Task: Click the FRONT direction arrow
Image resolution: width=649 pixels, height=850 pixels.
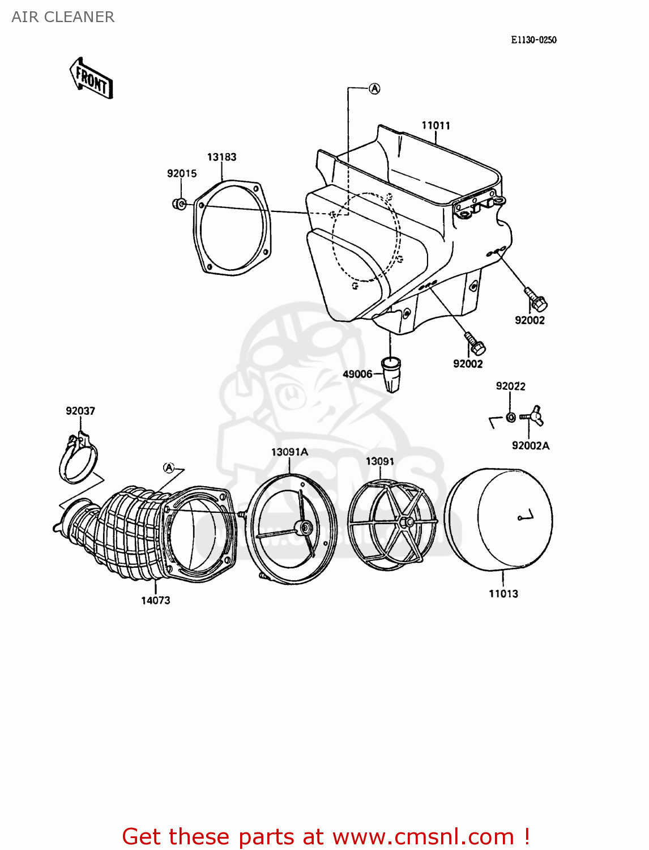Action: click(91, 79)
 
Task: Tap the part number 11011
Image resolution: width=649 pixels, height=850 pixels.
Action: click(435, 125)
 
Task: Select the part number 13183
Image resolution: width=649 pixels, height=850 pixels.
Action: click(221, 157)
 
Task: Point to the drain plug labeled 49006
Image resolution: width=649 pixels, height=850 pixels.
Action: click(391, 373)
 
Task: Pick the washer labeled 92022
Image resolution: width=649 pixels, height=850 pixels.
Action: click(510, 418)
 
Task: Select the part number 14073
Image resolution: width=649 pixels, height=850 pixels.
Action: click(156, 600)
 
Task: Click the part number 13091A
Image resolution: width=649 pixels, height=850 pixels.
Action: click(289, 452)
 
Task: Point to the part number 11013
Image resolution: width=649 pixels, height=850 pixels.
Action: click(503, 593)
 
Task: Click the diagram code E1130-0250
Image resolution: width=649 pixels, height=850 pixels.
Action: click(533, 40)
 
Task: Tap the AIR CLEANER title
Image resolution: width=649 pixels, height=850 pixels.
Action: click(63, 17)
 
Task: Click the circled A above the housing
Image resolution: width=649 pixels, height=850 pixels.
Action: click(374, 88)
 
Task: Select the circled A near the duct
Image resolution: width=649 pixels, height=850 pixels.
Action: click(168, 467)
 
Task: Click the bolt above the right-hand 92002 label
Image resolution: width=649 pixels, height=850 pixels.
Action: click(535, 299)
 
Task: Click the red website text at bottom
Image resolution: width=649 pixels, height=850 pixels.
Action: click(326, 836)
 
